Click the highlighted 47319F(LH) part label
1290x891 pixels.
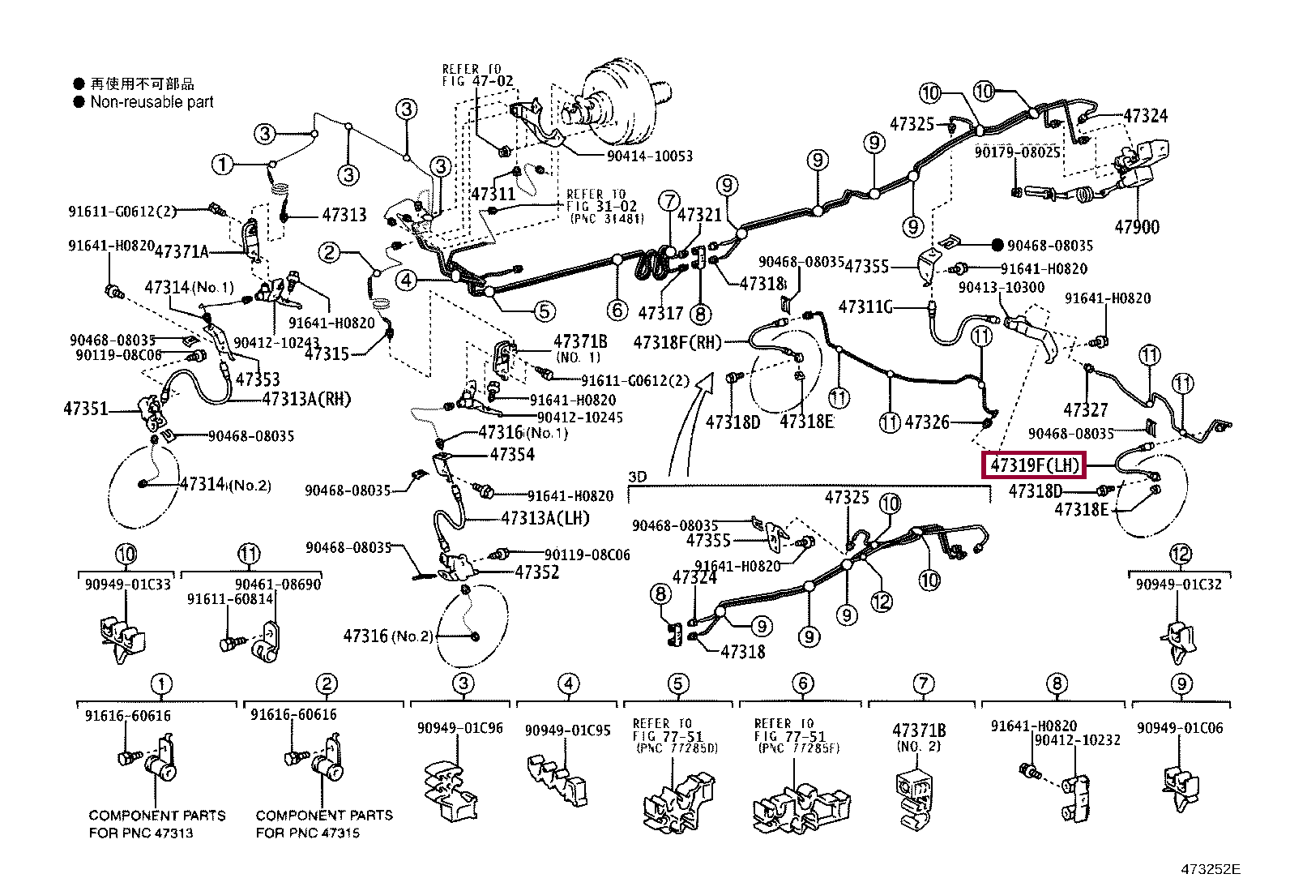pos(1035,465)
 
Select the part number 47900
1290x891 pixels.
pos(1137,227)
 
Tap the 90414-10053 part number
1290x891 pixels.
pos(650,156)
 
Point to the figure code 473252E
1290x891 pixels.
pos(1210,870)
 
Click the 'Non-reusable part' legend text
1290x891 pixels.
pos(152,102)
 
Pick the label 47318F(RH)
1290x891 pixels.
pos(677,343)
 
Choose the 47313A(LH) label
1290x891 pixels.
pos(545,518)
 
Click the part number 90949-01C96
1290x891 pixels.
pos(459,728)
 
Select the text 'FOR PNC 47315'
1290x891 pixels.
pos(308,833)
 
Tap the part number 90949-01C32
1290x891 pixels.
pos(1178,585)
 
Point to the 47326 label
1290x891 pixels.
pos(927,422)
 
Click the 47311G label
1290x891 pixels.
pos(865,306)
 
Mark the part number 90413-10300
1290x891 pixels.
pos(1002,288)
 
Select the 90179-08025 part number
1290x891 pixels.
pos(1017,152)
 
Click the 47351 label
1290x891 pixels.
pos(86,409)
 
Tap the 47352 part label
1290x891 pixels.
pos(537,572)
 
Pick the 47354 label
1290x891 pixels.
pos(512,454)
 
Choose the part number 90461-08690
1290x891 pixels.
pos(278,585)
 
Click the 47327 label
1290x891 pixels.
pos(1085,410)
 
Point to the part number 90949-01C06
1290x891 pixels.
pos(1180,728)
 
